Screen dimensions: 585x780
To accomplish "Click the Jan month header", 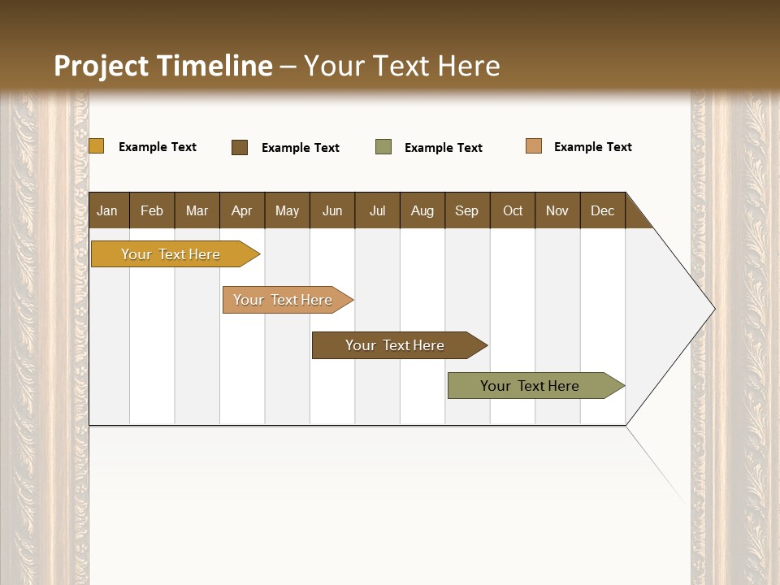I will coord(108,211).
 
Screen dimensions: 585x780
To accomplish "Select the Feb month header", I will coord(152,211).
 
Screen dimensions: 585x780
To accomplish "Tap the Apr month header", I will coord(242,211).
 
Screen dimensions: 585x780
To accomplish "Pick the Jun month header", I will coord(332,211).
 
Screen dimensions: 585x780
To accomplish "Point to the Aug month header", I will coord(422,211).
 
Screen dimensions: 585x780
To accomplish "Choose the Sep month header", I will coord(467,211).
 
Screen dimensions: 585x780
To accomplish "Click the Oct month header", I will coord(513,211).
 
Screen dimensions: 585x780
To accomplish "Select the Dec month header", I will coord(603,211).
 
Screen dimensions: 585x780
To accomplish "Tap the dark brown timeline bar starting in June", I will coord(396,345).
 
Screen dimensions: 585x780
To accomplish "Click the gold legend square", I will coord(97,146).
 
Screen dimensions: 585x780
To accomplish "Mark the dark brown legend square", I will coord(240,147).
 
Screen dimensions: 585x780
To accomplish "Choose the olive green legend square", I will coord(383,147).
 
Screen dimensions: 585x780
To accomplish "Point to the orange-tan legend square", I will coord(534,146).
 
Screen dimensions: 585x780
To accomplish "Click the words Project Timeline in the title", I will coord(162,66).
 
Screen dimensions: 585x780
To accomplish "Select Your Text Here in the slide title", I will coord(402,66).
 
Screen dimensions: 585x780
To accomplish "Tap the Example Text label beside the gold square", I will coord(158,147).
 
